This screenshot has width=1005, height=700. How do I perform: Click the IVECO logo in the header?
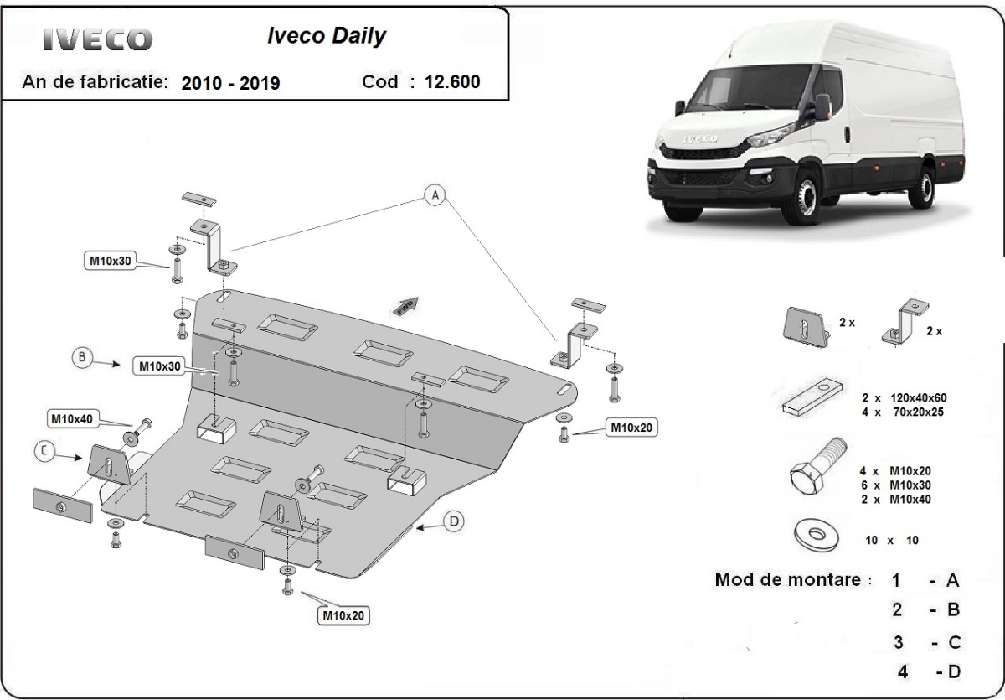(x=98, y=39)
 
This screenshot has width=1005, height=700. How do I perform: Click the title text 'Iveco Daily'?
(x=326, y=36)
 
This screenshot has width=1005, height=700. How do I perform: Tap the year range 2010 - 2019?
(x=230, y=82)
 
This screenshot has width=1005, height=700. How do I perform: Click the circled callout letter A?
(x=434, y=195)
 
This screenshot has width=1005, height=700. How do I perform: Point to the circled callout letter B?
(x=82, y=358)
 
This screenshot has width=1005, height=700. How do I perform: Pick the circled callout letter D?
(x=452, y=522)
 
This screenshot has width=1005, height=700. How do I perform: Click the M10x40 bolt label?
(x=72, y=418)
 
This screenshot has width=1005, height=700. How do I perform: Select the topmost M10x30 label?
(x=111, y=261)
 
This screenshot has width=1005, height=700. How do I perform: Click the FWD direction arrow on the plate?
(x=405, y=307)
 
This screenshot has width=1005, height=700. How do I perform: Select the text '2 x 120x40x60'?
(x=909, y=397)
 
